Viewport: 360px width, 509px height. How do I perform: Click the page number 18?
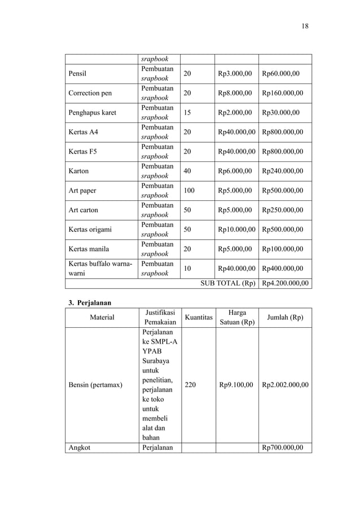pyautogui.click(x=305, y=26)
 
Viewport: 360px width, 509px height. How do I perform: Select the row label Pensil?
pyautogui.click(x=79, y=73)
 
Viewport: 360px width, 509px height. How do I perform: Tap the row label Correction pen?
pyautogui.click(x=89, y=93)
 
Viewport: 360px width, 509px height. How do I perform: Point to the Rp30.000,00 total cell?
pyautogui.click(x=281, y=112)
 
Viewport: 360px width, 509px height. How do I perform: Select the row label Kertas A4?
pyautogui.click(x=82, y=132)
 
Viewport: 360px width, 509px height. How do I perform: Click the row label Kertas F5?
pyautogui.click(x=82, y=151)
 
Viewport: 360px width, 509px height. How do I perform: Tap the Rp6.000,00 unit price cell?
pyautogui.click(x=235, y=171)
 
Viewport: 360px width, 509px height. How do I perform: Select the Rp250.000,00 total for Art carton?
pyautogui.click(x=283, y=210)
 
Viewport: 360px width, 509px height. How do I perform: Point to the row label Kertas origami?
pyautogui.click(x=90, y=229)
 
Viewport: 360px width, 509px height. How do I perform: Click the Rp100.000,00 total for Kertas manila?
pyautogui.click(x=283, y=249)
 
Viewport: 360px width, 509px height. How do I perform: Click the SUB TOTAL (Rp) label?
pyautogui.click(x=228, y=283)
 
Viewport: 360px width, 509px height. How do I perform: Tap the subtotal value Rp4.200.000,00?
pyautogui.click(x=285, y=283)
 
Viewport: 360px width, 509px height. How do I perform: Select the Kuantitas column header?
pyautogui.click(x=198, y=318)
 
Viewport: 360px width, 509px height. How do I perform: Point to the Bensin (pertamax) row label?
pyautogui.click(x=95, y=385)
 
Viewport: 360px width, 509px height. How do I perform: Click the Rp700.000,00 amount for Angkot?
pyautogui.click(x=283, y=447)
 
